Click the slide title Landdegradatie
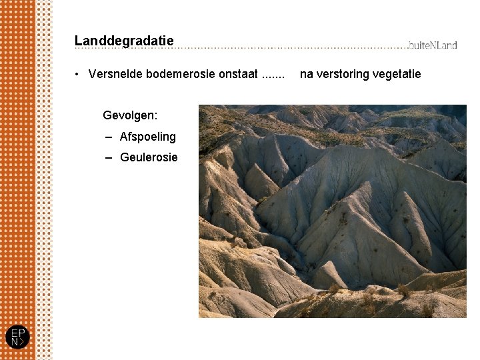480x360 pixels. [x=124, y=41]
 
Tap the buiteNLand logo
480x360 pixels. [x=433, y=45]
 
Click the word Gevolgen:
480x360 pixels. [x=130, y=115]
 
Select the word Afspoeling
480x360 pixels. [x=147, y=137]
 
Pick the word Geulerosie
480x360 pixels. [x=149, y=157]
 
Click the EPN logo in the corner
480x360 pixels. [x=17, y=337]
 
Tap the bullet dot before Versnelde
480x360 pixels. [x=79, y=75]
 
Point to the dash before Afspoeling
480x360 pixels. [x=108, y=137]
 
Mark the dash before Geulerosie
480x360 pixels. [x=108, y=158]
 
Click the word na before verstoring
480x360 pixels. [x=307, y=74]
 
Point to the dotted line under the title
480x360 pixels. [x=267, y=48]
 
